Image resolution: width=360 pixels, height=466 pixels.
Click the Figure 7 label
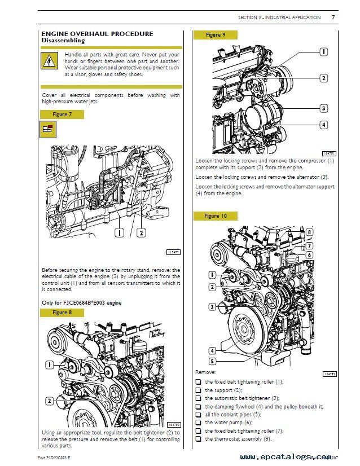(62, 115)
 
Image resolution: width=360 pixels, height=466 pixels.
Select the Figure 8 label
(62, 312)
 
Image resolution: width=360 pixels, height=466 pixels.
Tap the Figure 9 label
(215, 35)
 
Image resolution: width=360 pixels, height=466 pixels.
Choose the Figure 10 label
(215, 216)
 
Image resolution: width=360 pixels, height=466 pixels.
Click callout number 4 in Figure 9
(324, 125)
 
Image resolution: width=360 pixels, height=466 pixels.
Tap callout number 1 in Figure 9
(324, 52)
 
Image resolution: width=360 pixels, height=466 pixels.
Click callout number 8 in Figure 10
(309, 232)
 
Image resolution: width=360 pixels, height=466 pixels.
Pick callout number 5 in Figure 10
(212, 361)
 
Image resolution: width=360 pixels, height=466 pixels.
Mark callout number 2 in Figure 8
(50, 401)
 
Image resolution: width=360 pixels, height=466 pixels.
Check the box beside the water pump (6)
(198, 423)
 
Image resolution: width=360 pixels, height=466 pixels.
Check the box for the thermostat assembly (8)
(198, 438)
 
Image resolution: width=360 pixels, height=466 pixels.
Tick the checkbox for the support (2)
(198, 390)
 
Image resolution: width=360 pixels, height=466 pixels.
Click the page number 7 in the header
(333, 17)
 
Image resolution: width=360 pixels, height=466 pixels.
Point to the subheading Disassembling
(63, 41)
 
